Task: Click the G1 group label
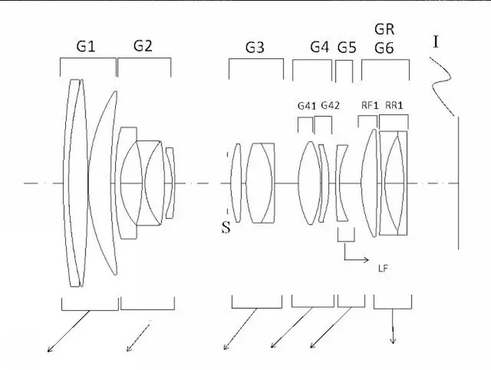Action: click(85, 46)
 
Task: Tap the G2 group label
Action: click(143, 46)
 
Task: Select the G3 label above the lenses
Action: click(255, 48)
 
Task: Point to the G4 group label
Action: click(319, 47)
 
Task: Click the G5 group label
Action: click(347, 48)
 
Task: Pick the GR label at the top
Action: click(384, 30)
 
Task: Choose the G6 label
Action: click(384, 48)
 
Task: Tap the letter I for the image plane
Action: click(436, 42)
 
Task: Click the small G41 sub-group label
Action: click(307, 106)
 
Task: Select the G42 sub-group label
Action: click(330, 106)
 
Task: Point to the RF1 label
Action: click(370, 106)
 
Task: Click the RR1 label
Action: click(394, 106)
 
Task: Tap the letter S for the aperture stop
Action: click(226, 228)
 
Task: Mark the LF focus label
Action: click(383, 268)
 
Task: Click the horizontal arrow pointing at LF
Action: click(356, 260)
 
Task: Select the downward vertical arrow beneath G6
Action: click(393, 326)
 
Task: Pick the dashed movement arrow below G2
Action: click(138, 338)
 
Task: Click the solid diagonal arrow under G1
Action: click(69, 331)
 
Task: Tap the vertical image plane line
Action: click(459, 183)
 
